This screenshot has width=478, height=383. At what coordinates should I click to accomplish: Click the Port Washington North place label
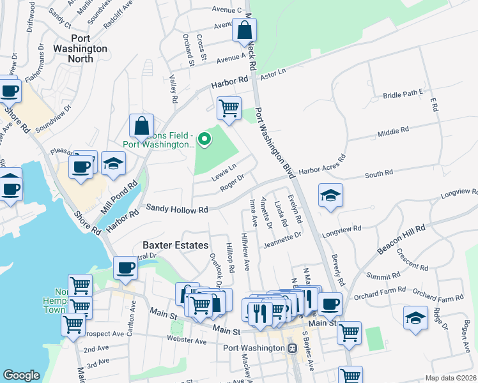tap(82, 48)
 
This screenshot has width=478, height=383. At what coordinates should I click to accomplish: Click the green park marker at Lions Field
tap(204, 139)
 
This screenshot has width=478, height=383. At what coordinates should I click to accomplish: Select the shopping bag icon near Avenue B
tap(245, 30)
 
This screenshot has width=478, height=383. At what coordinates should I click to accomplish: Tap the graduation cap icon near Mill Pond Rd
tap(113, 163)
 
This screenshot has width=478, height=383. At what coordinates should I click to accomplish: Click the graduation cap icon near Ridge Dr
tap(415, 319)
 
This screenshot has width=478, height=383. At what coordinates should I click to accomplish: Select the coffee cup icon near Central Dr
tap(126, 268)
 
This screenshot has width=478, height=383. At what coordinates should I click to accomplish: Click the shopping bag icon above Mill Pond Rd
tap(141, 126)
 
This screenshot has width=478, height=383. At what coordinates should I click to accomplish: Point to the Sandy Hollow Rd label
tap(177, 209)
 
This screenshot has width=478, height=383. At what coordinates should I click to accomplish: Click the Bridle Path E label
tap(403, 94)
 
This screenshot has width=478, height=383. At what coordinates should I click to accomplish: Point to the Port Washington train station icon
tap(292, 349)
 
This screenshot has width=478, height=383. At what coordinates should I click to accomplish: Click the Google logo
tap(21, 375)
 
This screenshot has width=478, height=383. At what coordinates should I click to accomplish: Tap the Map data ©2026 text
tap(450, 378)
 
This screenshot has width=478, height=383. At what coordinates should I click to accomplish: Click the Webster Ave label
tap(187, 340)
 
